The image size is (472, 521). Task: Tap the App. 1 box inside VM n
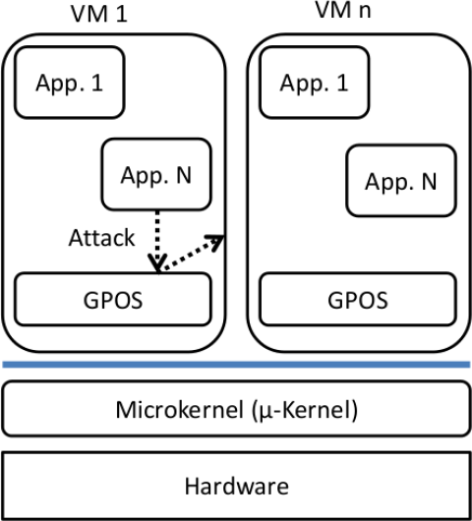[314, 84]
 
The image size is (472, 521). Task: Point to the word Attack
[101, 238]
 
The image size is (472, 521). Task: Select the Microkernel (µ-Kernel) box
[236, 407]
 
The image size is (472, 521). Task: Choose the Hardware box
[236, 485]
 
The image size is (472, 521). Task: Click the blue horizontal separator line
[236, 365]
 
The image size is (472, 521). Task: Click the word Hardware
[236, 485]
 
